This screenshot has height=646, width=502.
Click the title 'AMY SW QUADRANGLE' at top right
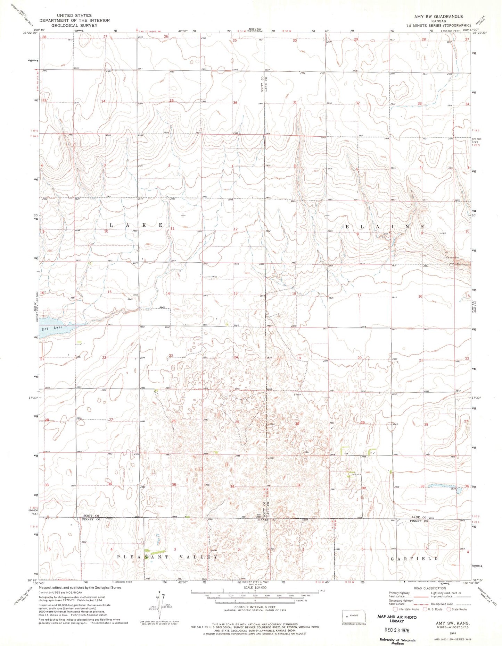(x=439, y=16)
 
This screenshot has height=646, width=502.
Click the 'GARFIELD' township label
(x=414, y=559)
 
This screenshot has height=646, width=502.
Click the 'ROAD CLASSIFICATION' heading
(x=430, y=588)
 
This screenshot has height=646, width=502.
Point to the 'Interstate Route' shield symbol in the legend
(x=395, y=609)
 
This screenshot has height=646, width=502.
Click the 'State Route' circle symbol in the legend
(x=449, y=609)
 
